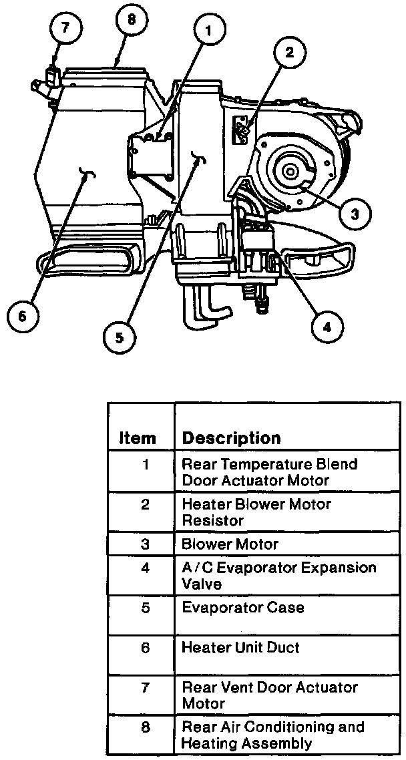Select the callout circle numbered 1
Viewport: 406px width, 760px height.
(210, 30)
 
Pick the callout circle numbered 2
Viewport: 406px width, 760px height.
(290, 53)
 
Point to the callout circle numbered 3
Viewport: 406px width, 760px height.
(355, 213)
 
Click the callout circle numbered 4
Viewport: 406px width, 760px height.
(326, 327)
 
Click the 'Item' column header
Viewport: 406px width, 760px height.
(138, 439)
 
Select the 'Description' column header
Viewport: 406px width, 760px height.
(231, 439)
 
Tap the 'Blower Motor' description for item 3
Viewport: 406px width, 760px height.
(230, 544)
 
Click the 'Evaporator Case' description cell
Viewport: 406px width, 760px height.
(243, 608)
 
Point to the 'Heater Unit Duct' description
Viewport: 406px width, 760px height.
(240, 647)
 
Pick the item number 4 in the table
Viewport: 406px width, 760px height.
(146, 568)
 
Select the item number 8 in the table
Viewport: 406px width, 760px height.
(146, 727)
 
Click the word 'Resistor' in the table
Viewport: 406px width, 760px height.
(213, 520)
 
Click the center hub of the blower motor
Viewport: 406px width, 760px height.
(290, 172)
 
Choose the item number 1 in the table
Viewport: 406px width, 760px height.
(146, 464)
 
